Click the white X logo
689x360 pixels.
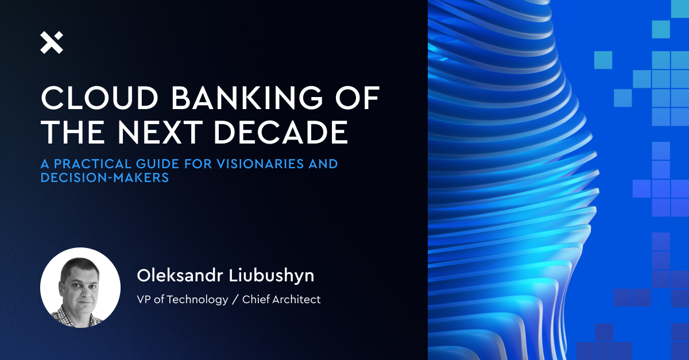(52, 43)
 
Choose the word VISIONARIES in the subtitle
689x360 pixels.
(261, 164)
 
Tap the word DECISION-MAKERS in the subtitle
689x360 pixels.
(104, 178)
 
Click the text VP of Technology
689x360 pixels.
(182, 299)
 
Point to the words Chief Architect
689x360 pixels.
(281, 299)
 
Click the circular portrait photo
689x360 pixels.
(80, 287)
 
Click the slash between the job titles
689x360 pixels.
(235, 299)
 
